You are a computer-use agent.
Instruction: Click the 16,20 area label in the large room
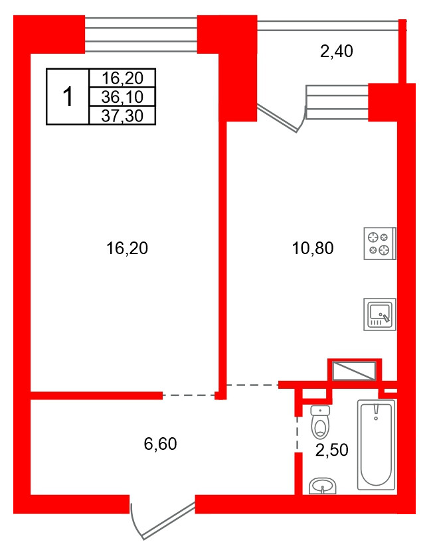(127, 248)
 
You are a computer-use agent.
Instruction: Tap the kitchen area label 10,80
(313, 248)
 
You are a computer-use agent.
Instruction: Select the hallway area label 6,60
(161, 444)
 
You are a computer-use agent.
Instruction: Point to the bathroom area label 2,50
(332, 450)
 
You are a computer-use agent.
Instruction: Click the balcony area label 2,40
(337, 51)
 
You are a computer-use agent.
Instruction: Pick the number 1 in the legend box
(68, 97)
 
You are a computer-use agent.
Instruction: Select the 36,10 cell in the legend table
(122, 96)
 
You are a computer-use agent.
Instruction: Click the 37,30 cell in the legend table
(122, 115)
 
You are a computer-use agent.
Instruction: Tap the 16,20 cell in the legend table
(122, 78)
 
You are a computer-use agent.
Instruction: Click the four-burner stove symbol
(380, 243)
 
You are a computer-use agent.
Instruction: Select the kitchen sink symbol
(380, 314)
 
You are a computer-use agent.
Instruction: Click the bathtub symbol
(376, 445)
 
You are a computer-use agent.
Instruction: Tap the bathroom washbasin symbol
(322, 486)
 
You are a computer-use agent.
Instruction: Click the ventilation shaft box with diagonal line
(353, 370)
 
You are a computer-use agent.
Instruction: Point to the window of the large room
(141, 35)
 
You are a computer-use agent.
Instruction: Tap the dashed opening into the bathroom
(298, 434)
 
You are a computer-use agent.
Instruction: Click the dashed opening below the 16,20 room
(189, 395)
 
